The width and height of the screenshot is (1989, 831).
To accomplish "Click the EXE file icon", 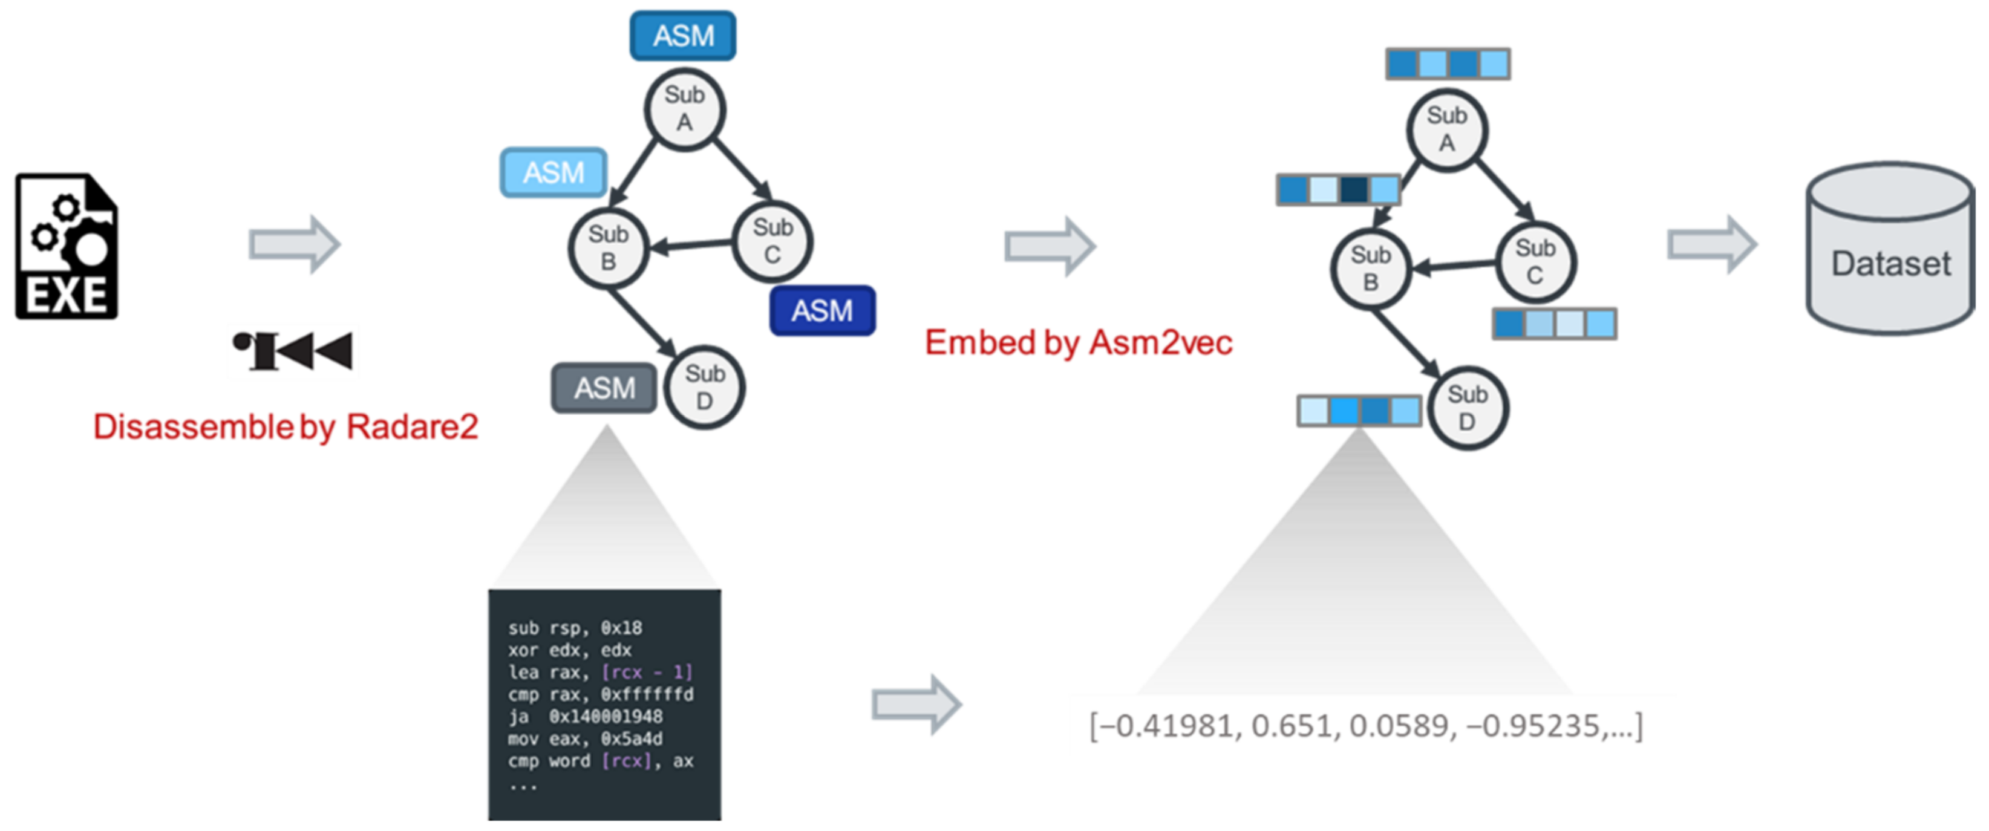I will click(x=67, y=246).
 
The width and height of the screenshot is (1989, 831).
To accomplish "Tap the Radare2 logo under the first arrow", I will click(x=293, y=351).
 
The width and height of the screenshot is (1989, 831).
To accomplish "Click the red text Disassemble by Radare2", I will click(x=286, y=427).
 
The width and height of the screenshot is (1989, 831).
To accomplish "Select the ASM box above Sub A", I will click(x=682, y=36).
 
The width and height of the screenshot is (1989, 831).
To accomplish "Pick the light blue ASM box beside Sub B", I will click(x=553, y=172).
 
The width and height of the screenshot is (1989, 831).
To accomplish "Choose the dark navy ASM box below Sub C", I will click(x=822, y=310).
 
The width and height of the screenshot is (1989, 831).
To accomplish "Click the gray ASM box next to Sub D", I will click(x=604, y=388).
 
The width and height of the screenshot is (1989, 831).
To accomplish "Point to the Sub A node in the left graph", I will click(x=684, y=109).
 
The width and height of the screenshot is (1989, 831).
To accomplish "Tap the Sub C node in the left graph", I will click(x=772, y=241).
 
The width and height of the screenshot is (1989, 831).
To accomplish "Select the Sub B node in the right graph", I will click(x=1371, y=269).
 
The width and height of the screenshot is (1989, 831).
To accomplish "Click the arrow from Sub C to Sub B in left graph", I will click(x=691, y=246).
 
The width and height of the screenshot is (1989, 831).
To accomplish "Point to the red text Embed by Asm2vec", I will click(x=1078, y=342).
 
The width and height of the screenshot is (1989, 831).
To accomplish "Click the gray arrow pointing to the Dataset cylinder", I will click(x=1712, y=245).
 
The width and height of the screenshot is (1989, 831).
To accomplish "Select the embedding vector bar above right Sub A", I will click(x=1448, y=64).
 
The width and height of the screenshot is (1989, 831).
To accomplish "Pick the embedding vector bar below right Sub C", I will click(x=1553, y=324).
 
